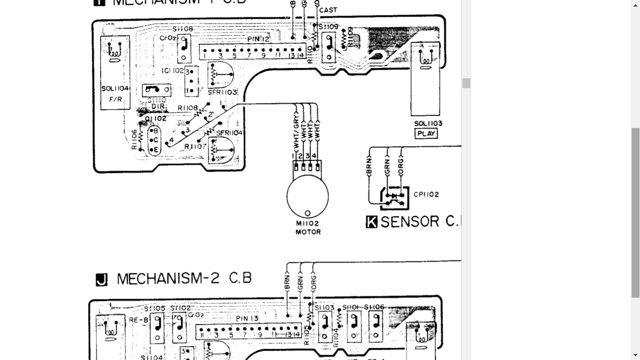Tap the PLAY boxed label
[x=426, y=134]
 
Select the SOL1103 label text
[x=428, y=124]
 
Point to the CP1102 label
[x=426, y=194]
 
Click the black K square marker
[x=372, y=222]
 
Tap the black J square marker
[x=101, y=280]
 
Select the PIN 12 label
[x=259, y=39]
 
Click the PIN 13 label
[x=247, y=319]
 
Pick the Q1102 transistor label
[x=156, y=119]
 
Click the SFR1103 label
[x=223, y=92]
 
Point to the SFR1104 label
[x=230, y=133]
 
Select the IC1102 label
[x=172, y=71]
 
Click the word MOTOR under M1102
[x=308, y=232]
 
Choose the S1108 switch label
[x=183, y=29]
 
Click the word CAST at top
[x=328, y=10]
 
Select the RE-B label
[x=136, y=320]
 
